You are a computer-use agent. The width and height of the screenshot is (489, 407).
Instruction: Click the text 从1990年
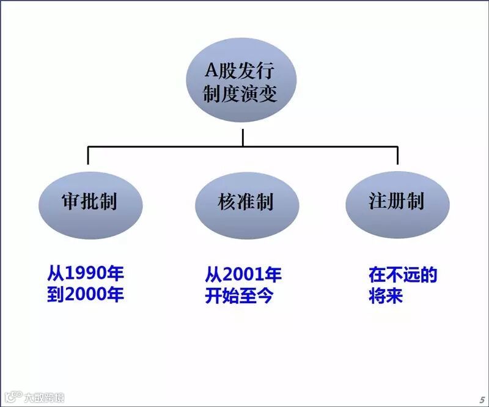[x=86, y=273]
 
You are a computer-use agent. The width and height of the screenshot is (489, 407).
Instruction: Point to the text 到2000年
[x=86, y=295]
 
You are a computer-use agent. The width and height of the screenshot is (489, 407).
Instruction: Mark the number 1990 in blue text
[x=86, y=273]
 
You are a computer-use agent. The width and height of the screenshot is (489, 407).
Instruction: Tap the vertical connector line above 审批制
[x=88, y=155]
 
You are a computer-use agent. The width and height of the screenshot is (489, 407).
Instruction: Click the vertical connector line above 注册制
[x=397, y=155]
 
